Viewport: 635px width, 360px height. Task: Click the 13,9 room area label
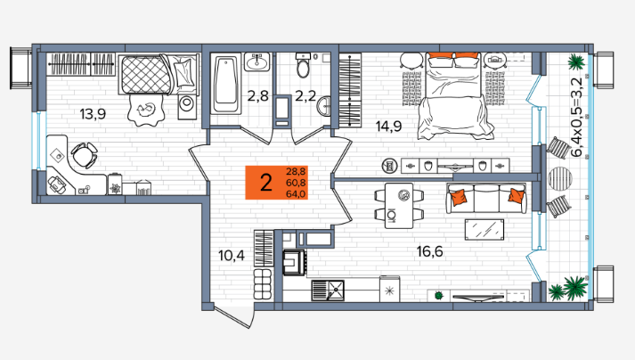[x=93, y=114]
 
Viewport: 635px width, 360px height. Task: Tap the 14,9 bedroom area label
[x=388, y=127]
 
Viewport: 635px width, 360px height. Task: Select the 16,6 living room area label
[x=429, y=252]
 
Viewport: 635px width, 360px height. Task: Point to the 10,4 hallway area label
[x=232, y=256]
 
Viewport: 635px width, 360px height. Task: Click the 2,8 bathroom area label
[x=258, y=96]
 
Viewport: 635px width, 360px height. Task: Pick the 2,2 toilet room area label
[x=305, y=96]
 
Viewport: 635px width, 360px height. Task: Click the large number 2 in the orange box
[x=265, y=183]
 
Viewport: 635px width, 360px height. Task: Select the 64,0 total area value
[x=296, y=193]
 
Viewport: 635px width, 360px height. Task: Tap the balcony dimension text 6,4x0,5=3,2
[x=576, y=117]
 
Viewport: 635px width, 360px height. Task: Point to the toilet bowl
[x=303, y=65]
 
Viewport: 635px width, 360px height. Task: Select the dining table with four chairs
[x=399, y=206]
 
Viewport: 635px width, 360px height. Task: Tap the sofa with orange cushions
[x=486, y=198]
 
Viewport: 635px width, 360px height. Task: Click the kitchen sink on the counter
[x=328, y=290]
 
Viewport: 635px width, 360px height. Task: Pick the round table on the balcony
[x=560, y=178]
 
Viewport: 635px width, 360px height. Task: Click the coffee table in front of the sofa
[x=484, y=230]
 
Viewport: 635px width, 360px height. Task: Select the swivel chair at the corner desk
[x=85, y=155]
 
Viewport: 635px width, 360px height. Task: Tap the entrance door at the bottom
[x=232, y=317]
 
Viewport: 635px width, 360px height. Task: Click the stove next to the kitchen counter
[x=294, y=263]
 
